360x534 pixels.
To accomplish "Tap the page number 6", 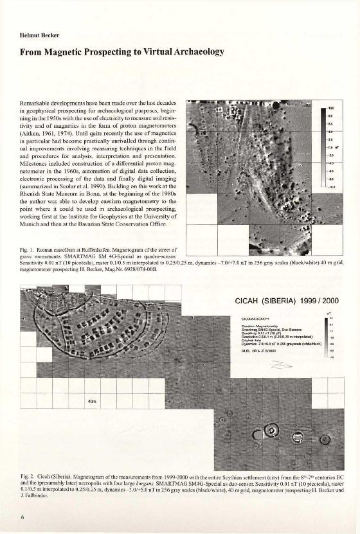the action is coord(22,516).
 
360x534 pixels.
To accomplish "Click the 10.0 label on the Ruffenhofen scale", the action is coord(332,109).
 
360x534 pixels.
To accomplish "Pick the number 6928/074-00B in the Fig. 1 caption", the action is coord(136,269).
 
